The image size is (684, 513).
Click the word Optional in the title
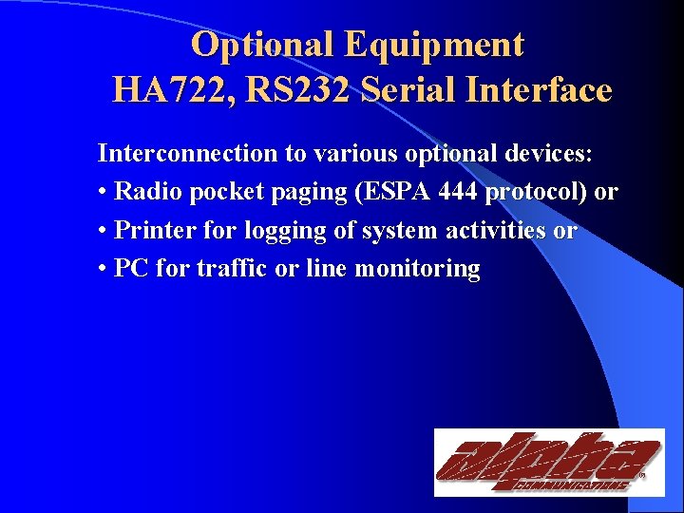[x=262, y=45]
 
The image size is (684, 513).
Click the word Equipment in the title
[x=435, y=45]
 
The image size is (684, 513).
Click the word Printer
[x=152, y=231]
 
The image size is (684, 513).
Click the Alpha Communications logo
[x=548, y=463]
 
